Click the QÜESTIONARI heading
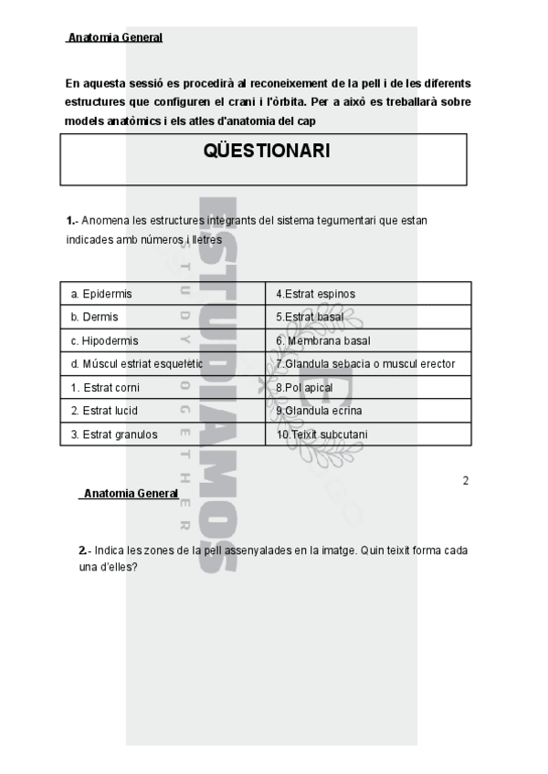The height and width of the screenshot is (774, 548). [267, 152]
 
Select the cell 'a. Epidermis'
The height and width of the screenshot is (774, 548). [101, 294]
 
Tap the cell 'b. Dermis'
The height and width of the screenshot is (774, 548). [94, 317]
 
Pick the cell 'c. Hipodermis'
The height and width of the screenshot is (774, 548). [104, 340]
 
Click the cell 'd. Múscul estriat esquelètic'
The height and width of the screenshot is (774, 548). [137, 364]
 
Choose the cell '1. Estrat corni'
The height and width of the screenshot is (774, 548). [105, 387]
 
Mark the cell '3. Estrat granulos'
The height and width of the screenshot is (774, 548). [114, 434]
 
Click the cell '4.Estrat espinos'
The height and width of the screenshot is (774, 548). [315, 294]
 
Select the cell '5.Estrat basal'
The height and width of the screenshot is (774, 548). [310, 317]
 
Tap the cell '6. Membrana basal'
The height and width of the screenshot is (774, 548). [322, 340]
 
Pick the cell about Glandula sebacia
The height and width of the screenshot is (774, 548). [365, 364]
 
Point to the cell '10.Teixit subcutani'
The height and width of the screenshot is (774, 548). [321, 434]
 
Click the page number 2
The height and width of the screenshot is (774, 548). [466, 481]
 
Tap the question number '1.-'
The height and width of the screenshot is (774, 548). [73, 221]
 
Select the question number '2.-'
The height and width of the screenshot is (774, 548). [86, 550]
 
